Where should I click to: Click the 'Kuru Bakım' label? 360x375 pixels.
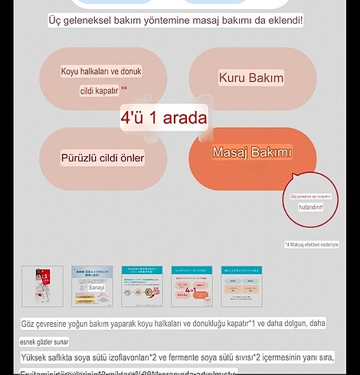[x=251, y=78]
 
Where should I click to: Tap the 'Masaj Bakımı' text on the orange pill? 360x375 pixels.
[x=252, y=153]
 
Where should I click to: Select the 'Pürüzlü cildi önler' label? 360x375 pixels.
[x=103, y=158]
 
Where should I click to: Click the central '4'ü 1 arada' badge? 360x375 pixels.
[x=164, y=118]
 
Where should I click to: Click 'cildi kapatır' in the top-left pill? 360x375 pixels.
[x=100, y=90]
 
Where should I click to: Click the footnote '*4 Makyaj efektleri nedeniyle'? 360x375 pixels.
[x=312, y=245]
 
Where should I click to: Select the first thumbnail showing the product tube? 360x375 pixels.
[x=43, y=286]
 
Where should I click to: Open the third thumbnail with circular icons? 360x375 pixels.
[x=142, y=286]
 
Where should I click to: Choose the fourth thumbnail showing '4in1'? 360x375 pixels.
[x=191, y=286]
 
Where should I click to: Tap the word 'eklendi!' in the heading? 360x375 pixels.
[x=280, y=19]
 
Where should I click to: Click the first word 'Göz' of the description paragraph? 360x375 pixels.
[x=29, y=324]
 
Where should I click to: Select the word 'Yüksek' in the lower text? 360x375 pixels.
[x=37, y=357]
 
